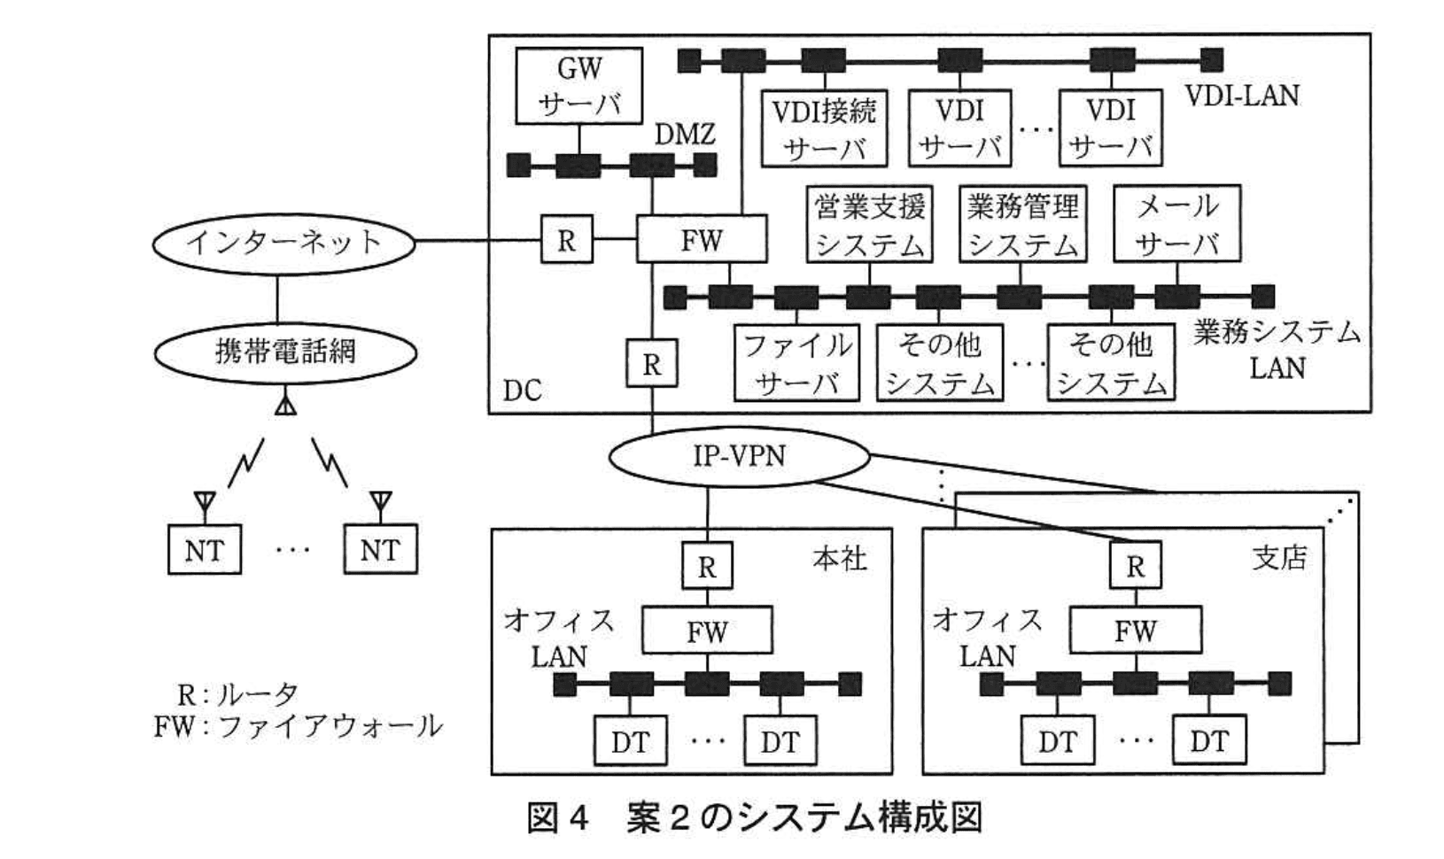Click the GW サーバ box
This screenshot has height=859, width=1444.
tap(579, 86)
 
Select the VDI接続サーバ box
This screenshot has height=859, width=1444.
tap(824, 128)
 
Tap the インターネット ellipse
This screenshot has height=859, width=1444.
tap(283, 242)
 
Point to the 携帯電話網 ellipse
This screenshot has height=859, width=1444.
tap(285, 352)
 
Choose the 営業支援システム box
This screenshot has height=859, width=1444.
tap(869, 224)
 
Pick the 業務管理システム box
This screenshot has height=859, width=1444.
tap(1022, 224)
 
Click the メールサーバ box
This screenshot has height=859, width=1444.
tap(1176, 224)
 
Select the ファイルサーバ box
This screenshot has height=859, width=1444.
tap(796, 363)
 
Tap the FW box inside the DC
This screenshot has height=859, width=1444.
tap(702, 240)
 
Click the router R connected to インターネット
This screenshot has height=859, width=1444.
tap(567, 240)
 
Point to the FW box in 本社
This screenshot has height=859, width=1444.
tap(707, 631)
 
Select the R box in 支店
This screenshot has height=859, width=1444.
tap(1135, 566)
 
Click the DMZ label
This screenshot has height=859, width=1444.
tap(684, 135)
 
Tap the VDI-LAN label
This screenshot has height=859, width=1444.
tap(1242, 96)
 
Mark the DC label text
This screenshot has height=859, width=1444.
tap(522, 391)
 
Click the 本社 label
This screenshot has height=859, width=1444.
tap(839, 559)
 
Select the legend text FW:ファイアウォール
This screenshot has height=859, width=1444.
tap(298, 727)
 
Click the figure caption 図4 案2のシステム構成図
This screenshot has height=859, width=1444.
tap(754, 818)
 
